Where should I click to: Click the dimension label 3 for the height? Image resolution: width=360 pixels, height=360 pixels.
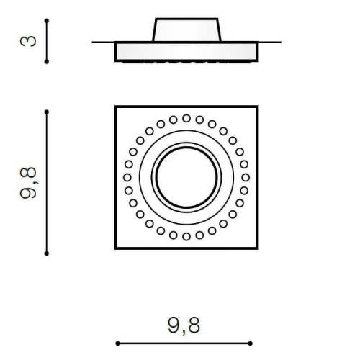(28, 41)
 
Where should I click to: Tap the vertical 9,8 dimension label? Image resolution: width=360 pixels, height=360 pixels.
(29, 183)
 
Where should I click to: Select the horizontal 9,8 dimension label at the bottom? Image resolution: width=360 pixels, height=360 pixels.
(184, 325)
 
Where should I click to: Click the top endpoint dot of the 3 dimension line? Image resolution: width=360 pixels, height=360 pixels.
(47, 21)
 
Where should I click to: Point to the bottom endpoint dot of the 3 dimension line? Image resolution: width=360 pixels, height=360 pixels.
(47, 62)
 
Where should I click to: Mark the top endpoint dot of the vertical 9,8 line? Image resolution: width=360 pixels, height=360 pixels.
(47, 112)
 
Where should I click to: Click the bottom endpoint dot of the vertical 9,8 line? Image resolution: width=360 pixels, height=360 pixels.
(47, 253)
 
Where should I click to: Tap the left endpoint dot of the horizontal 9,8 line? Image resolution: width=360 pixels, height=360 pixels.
(117, 343)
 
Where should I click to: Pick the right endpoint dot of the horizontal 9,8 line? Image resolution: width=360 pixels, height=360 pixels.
(251, 343)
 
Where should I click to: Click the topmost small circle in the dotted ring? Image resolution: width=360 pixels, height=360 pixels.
(186, 118)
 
